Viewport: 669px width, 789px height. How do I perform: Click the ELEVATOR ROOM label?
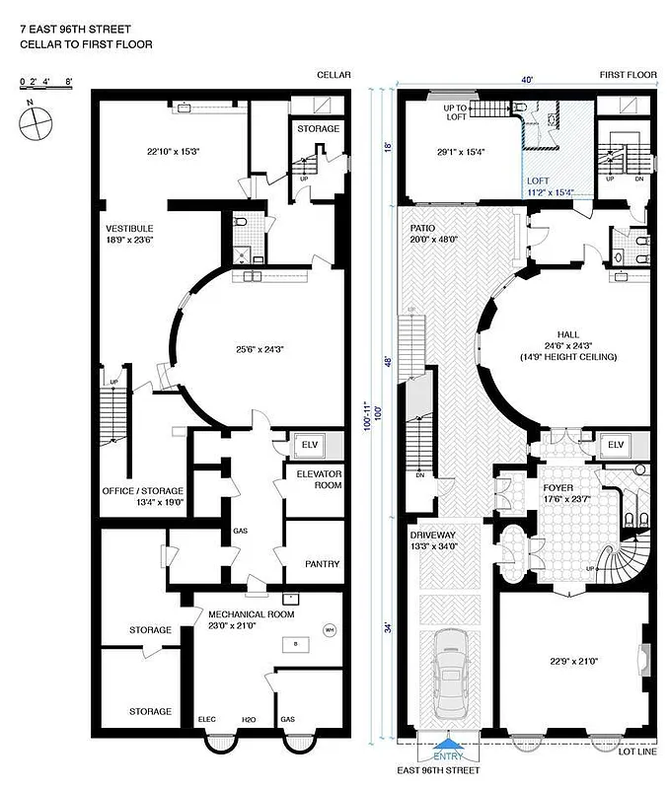(x=320, y=479)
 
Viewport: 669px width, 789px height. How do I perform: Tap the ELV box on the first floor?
(x=617, y=445)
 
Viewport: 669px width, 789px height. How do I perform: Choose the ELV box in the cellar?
(x=306, y=445)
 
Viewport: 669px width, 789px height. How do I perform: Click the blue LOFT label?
(x=538, y=180)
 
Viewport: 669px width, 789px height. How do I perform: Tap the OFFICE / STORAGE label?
(x=142, y=490)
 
